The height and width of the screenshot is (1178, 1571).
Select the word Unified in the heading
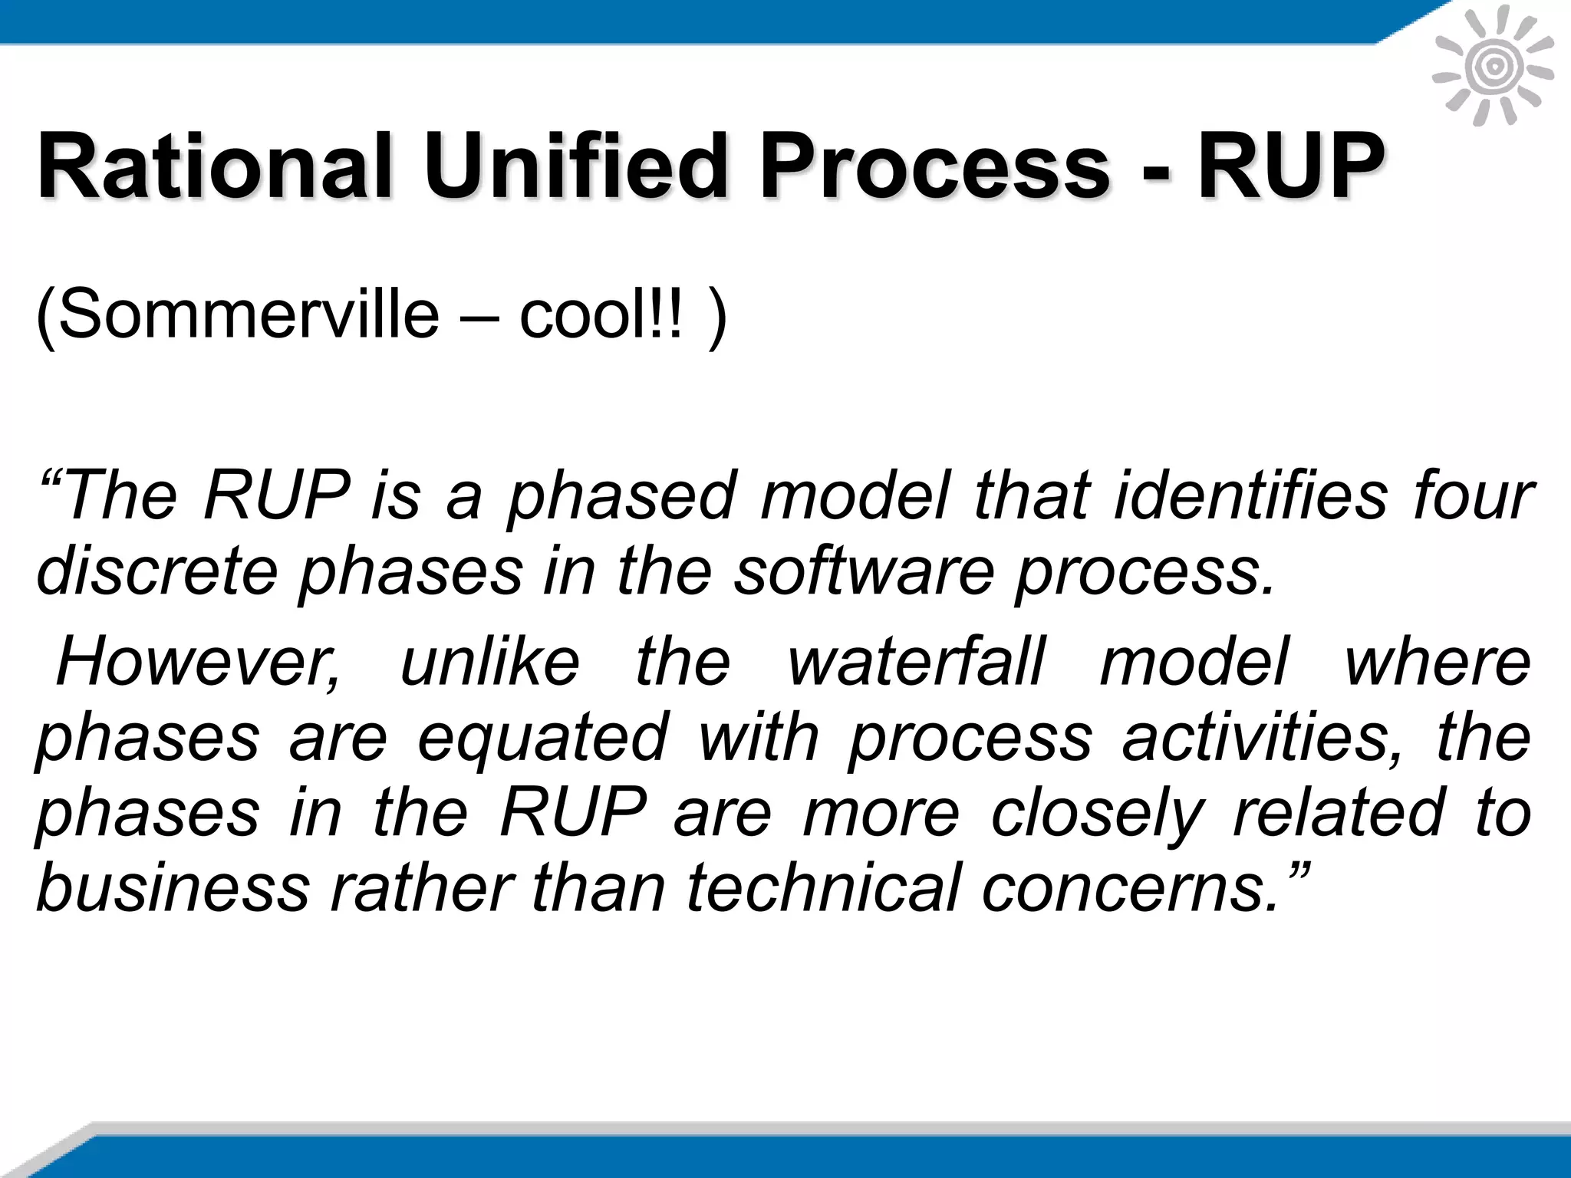(x=575, y=165)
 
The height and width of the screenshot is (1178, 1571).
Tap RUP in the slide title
(x=1292, y=165)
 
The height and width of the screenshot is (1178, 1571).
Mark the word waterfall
(x=917, y=661)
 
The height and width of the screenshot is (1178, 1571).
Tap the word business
(x=173, y=887)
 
